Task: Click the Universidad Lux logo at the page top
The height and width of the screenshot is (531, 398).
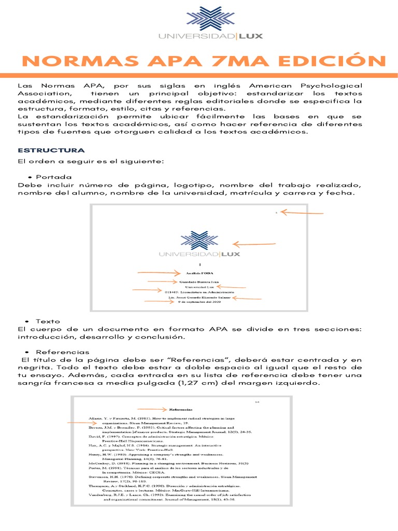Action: point(199,23)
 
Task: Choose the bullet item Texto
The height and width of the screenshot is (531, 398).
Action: point(48,322)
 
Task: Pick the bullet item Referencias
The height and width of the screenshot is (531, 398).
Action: point(59,352)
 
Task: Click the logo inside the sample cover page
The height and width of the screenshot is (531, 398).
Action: point(200,245)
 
